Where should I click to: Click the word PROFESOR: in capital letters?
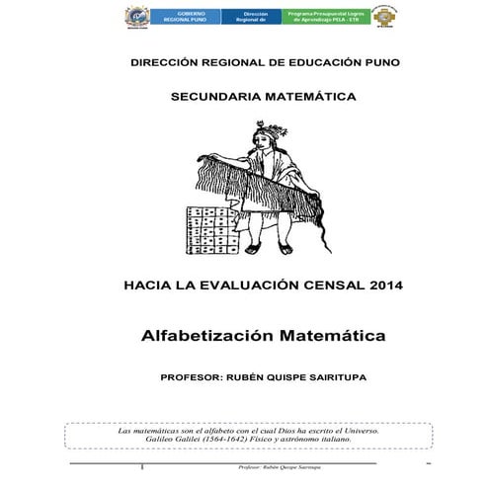click(x=195, y=376)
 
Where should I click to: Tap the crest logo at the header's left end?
click(x=138, y=17)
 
